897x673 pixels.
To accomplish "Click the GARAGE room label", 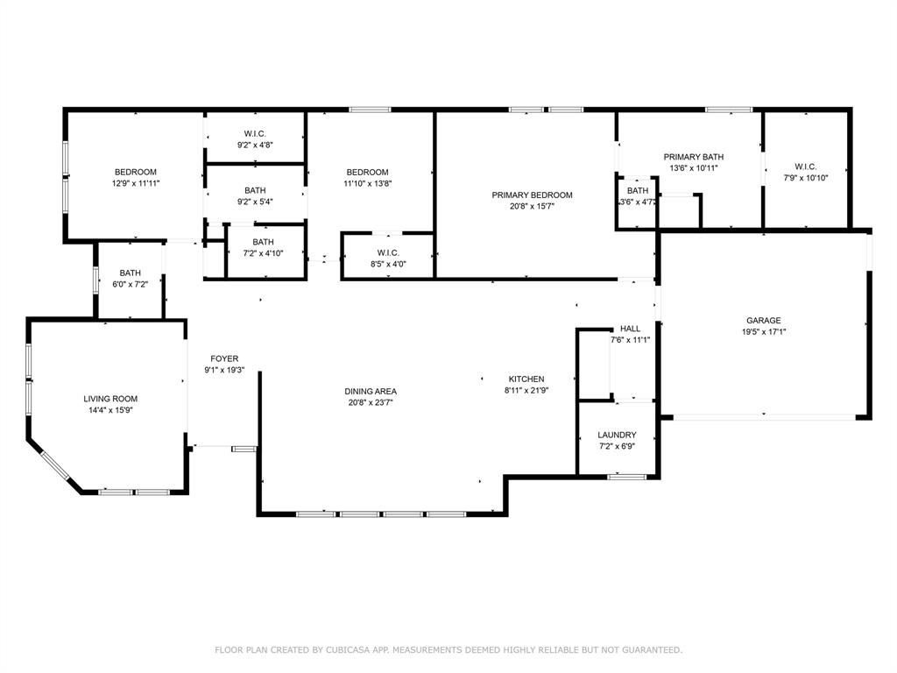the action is point(763,321).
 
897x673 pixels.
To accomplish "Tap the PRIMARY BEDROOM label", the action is point(532,195).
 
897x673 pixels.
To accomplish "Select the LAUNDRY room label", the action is point(617,435).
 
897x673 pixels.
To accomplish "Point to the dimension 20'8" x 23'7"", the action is point(371,402).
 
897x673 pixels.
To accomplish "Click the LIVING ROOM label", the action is point(110,399).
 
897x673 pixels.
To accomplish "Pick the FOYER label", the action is point(224,358).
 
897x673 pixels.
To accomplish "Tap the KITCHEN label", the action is point(526,379).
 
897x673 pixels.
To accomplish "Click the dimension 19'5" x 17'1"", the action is point(764,331).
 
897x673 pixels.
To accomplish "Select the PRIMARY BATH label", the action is point(694,157).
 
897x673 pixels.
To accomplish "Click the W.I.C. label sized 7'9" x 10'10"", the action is point(806,166).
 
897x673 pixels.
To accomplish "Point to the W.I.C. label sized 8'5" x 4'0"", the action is point(388,253).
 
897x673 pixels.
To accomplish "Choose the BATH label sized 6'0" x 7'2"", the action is point(130,273).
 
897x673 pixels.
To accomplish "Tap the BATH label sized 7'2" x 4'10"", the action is point(263,242).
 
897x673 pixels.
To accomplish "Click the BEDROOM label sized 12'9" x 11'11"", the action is point(136,173).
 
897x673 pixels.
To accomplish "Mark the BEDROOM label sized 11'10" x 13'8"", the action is point(367,173).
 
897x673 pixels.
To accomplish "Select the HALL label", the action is point(631,329).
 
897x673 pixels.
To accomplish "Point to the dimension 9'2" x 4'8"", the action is point(255,145).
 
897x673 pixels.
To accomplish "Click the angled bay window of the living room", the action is point(55,465).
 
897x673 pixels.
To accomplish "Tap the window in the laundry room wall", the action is point(627,477).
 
